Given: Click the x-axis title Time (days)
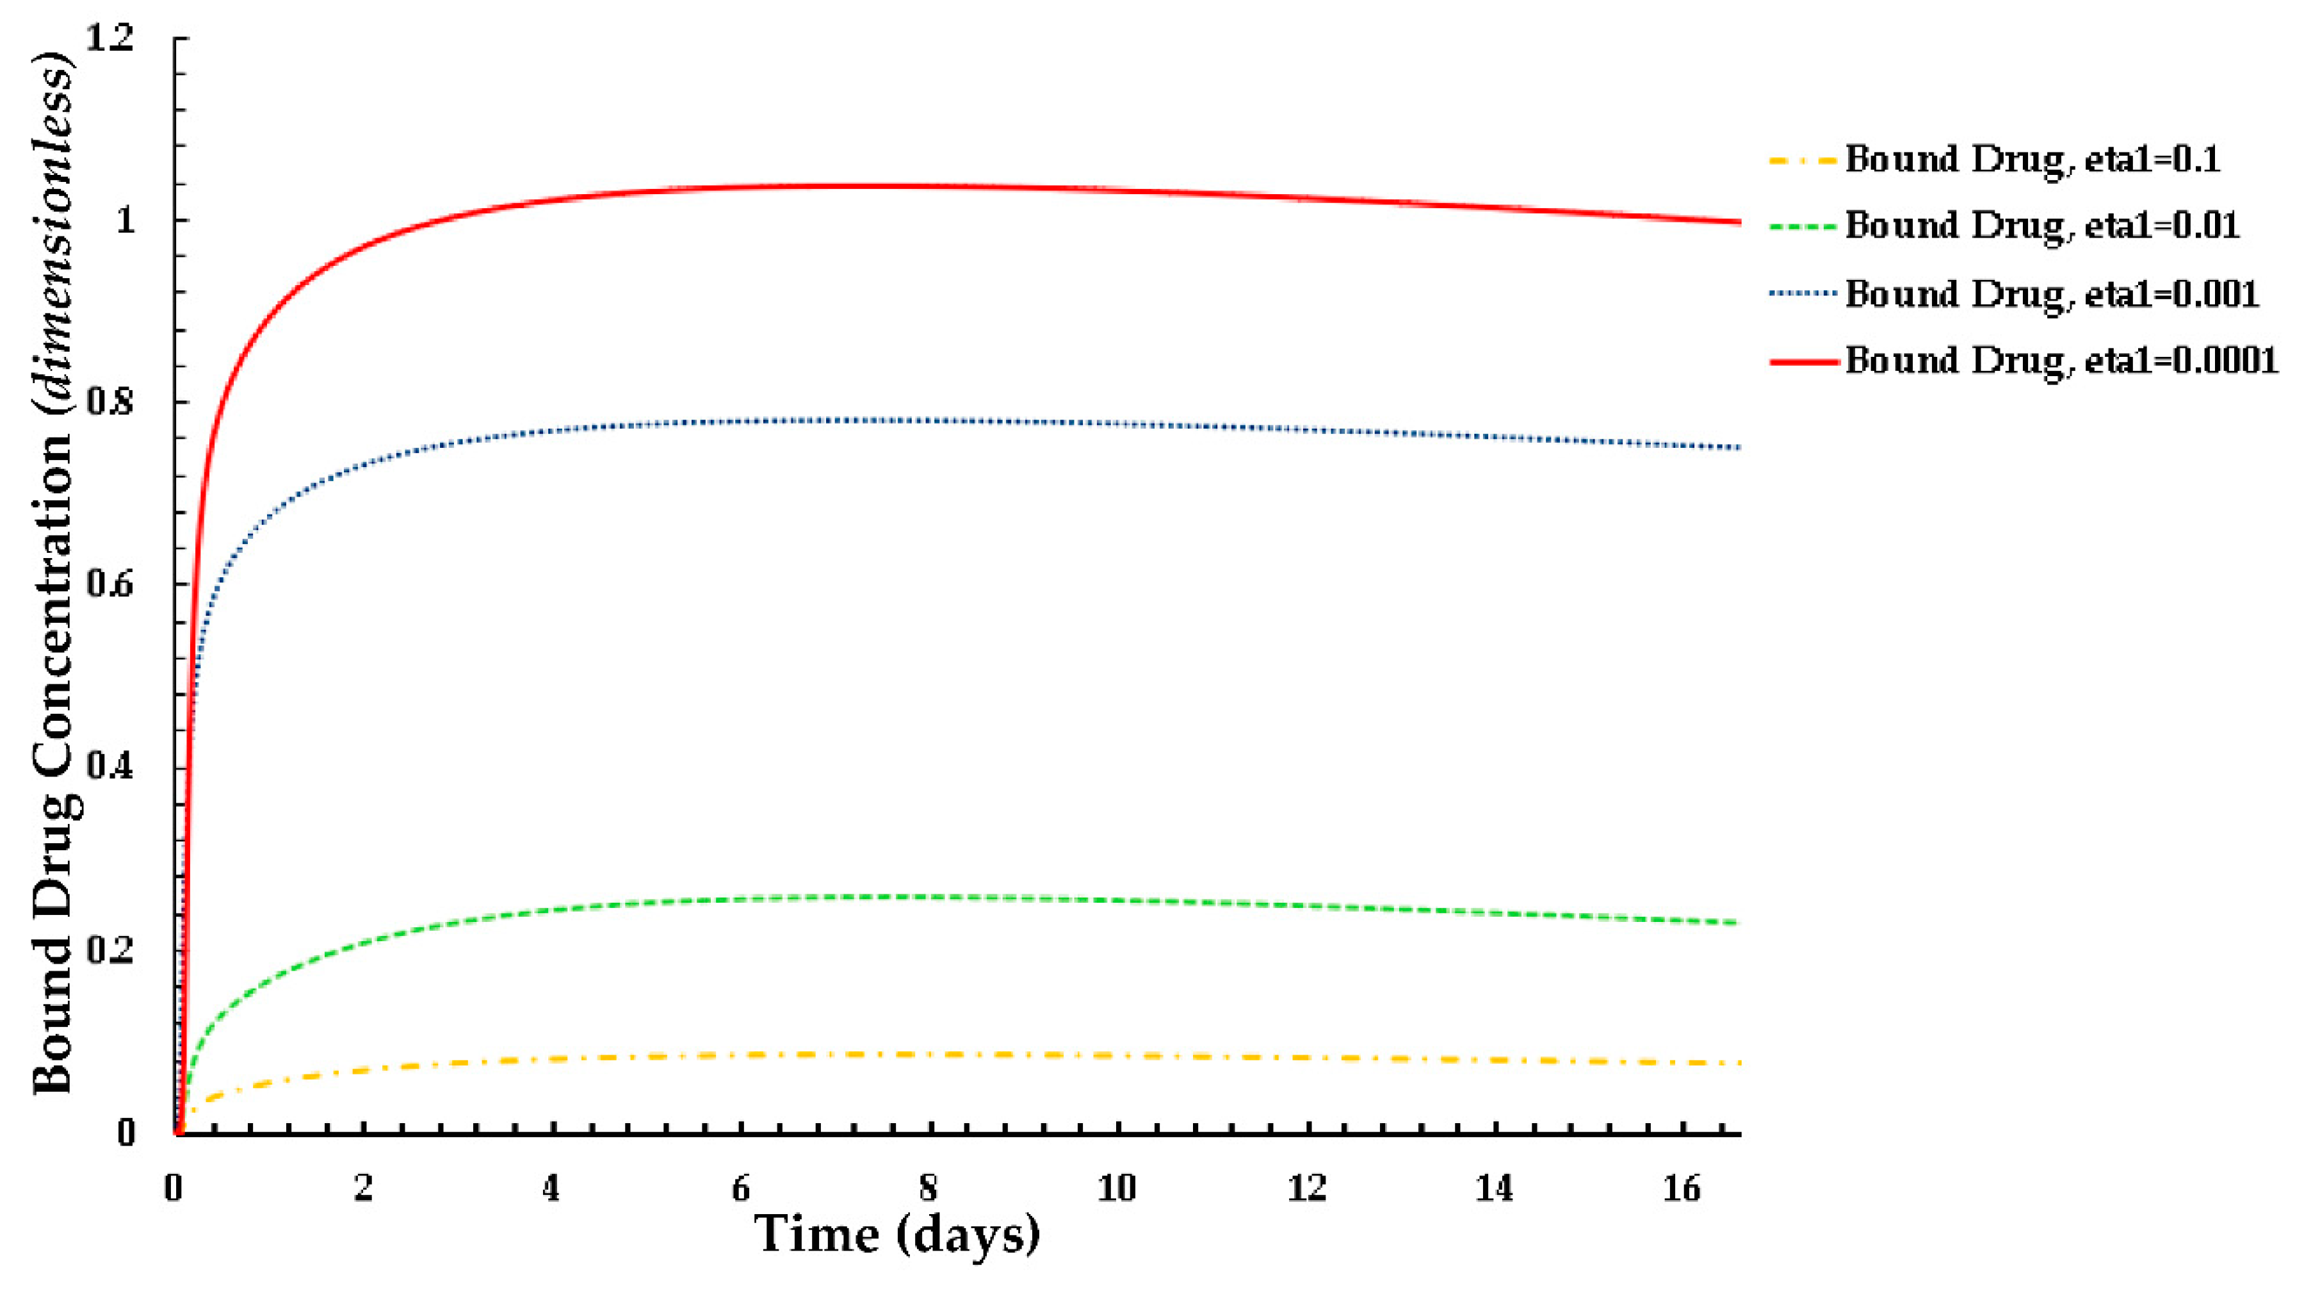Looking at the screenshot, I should click(x=897, y=1235).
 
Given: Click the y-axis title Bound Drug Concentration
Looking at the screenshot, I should click(x=54, y=573).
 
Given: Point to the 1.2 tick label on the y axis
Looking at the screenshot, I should click(x=109, y=38).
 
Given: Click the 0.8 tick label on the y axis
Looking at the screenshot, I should click(x=109, y=402).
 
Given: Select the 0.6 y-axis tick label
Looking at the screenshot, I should click(x=109, y=584).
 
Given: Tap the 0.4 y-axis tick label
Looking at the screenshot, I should click(x=109, y=767).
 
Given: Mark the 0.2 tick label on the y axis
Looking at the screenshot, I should click(x=109, y=950).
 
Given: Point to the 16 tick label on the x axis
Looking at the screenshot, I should click(x=1682, y=1188).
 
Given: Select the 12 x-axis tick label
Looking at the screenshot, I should click(x=1306, y=1188).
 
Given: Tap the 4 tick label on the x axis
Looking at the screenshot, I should click(x=551, y=1188).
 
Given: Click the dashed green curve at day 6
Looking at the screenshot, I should click(x=740, y=898).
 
